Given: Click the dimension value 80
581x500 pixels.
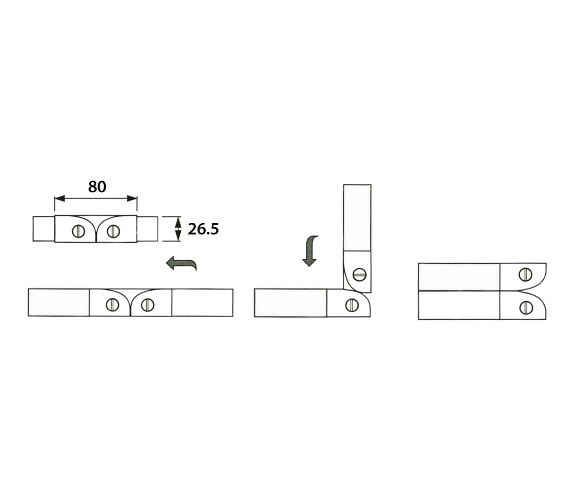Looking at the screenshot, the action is [97, 187].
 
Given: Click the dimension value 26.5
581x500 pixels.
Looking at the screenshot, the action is [203, 229].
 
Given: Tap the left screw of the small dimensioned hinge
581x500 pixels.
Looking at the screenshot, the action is [79, 231].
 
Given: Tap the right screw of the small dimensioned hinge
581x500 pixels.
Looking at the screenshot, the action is [114, 231].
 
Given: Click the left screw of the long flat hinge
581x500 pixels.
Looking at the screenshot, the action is [112, 305].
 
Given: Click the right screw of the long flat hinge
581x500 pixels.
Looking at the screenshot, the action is [147, 305].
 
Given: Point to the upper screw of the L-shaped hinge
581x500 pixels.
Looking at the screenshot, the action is [359, 274].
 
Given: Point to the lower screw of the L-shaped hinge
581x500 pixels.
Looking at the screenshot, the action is [352, 305].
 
